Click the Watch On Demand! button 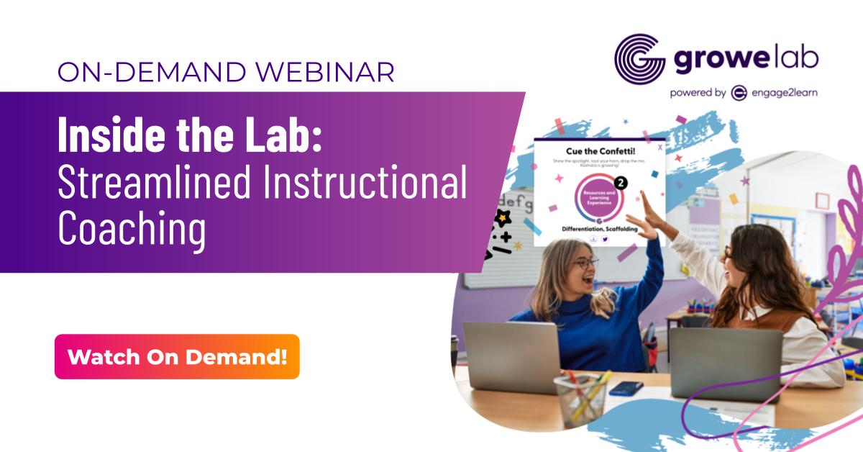pos(177,356)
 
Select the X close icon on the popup pos(659,145)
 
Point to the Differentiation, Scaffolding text pos(600,228)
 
